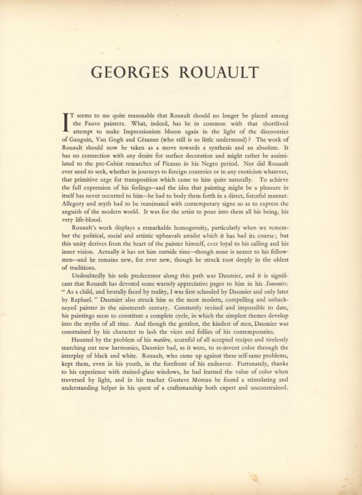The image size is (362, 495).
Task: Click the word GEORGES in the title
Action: tap(130, 73)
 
